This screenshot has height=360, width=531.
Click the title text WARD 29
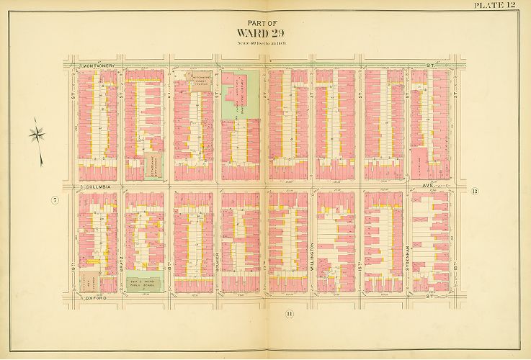click(265, 32)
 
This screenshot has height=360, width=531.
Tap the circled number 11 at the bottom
click(289, 312)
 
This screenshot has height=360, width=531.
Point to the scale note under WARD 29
click(265, 45)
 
